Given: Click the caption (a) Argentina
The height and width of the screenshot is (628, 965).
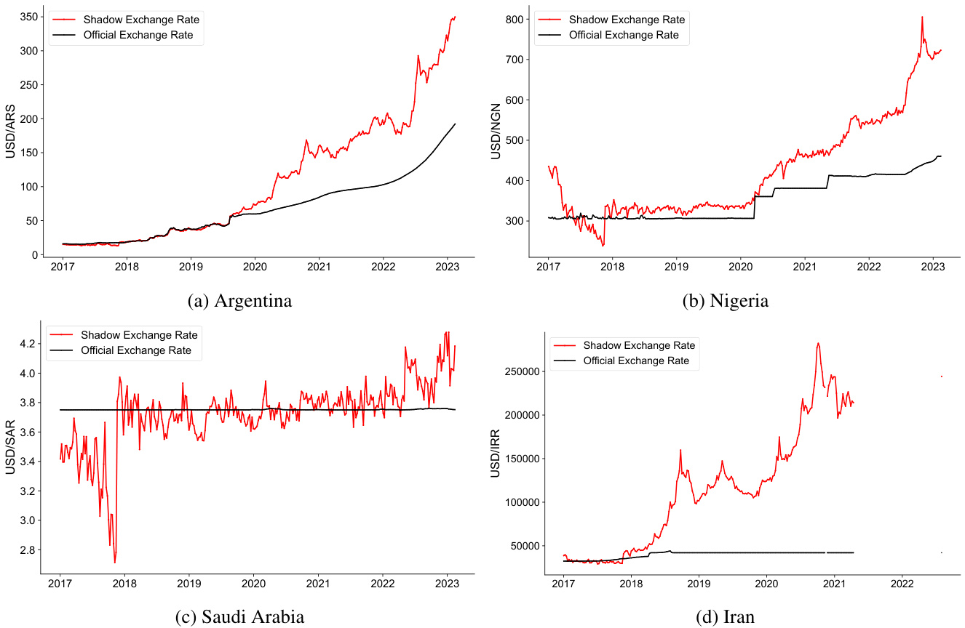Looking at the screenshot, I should pos(239,301).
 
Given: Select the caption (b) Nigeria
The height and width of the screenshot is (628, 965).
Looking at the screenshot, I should pos(725,301).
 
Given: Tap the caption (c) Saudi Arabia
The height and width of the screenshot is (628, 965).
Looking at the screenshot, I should pos(239,617).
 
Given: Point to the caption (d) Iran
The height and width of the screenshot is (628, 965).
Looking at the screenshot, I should pos(725,617).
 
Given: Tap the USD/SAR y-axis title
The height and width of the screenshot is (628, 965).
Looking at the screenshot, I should pos(11,447).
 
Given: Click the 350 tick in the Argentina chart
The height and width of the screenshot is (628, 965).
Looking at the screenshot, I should pos(30,17).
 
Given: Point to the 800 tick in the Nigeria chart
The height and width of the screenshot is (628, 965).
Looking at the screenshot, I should pos(515,19).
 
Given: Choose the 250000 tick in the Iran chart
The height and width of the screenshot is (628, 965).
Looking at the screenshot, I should pos(522,371).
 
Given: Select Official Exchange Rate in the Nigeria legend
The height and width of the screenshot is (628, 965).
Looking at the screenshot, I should pos(624,35).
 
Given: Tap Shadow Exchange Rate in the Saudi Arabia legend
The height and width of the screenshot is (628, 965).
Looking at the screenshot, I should pos(138,335).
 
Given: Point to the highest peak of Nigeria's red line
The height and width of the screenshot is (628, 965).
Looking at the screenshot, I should pos(922,17).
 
